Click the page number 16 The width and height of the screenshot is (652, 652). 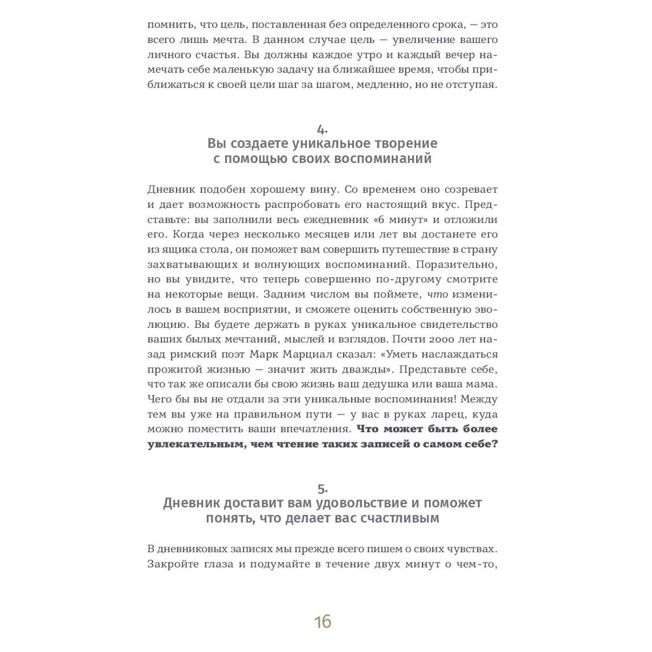(323, 621)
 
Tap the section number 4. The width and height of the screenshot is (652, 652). (323, 128)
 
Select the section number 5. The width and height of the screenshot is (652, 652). (323, 488)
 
